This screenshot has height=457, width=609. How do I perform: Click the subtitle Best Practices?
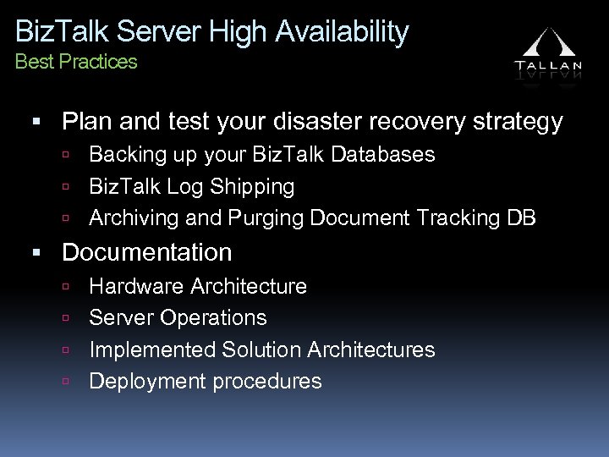click(x=76, y=62)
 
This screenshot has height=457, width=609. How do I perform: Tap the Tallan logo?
click(x=549, y=54)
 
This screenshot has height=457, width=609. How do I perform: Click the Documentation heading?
click(x=147, y=252)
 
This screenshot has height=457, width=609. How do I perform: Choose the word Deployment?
click(x=147, y=382)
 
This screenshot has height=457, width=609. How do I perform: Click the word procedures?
click(x=266, y=382)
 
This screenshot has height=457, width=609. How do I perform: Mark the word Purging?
click(x=262, y=217)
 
